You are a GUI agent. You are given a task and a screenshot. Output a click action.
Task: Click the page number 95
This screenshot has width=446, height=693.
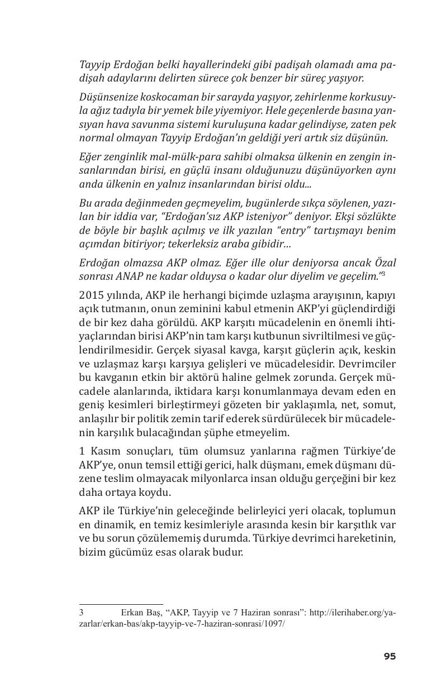point(389,656)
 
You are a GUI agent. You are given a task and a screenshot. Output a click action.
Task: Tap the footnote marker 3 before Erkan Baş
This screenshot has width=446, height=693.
point(82,612)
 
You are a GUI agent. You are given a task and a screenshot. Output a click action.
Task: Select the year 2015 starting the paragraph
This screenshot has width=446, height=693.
point(92,295)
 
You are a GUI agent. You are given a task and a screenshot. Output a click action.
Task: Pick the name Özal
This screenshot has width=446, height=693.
point(383,262)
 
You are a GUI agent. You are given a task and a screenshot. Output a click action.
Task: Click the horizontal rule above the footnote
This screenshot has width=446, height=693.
point(121,603)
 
